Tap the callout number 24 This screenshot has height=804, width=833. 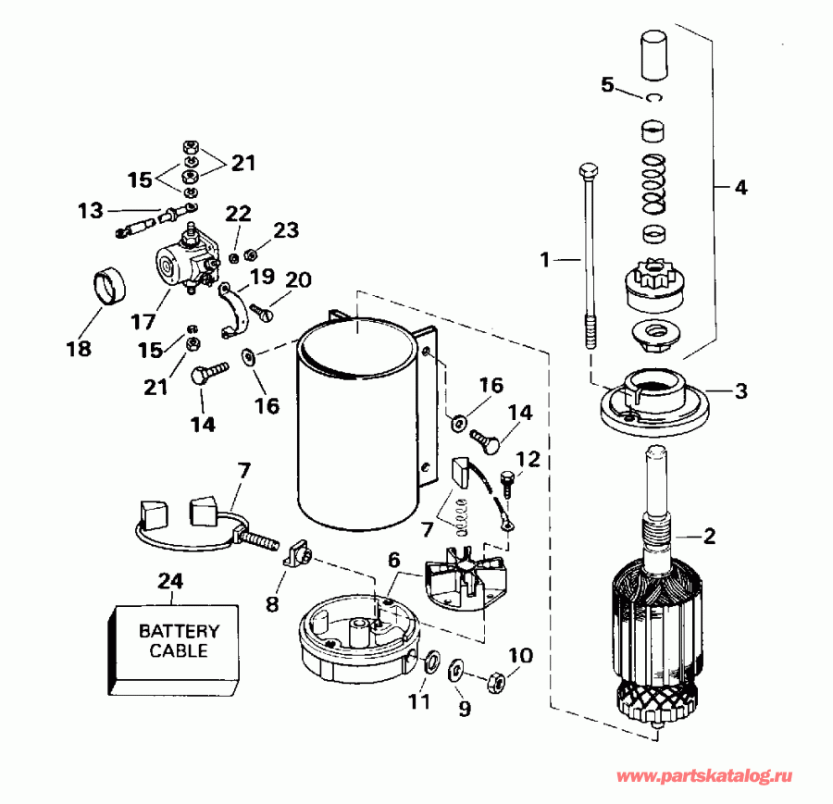point(171,582)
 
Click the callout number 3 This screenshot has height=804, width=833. point(740,390)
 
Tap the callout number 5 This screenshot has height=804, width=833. point(607,85)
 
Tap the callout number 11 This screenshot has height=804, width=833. point(419,701)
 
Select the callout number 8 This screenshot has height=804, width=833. point(272,604)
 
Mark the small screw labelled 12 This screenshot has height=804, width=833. point(505,482)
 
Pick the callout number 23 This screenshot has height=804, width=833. point(286,229)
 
